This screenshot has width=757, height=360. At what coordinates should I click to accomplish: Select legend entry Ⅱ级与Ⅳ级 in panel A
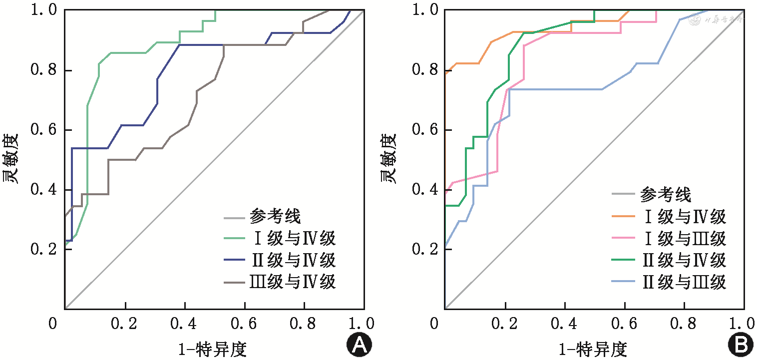point(293,260)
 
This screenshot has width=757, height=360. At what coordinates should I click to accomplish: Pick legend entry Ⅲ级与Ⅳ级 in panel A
point(293,282)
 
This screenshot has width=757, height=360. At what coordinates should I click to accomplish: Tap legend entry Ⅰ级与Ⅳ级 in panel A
point(293,238)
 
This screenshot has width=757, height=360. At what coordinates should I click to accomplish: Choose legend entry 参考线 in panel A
point(275,217)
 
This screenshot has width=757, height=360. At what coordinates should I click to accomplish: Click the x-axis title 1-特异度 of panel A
point(212,349)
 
